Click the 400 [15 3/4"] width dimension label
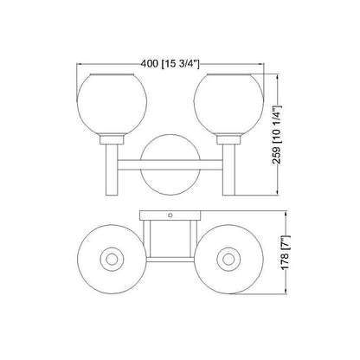coord(170,63)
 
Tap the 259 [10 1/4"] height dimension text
coord(277,135)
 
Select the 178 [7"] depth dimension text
coord(286,253)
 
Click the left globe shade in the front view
coord(112,104)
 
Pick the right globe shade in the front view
coord(228,104)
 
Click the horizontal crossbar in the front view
coord(170,164)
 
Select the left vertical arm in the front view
coord(112,170)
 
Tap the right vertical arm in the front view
coord(228,170)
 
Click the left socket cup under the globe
coord(112,139)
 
